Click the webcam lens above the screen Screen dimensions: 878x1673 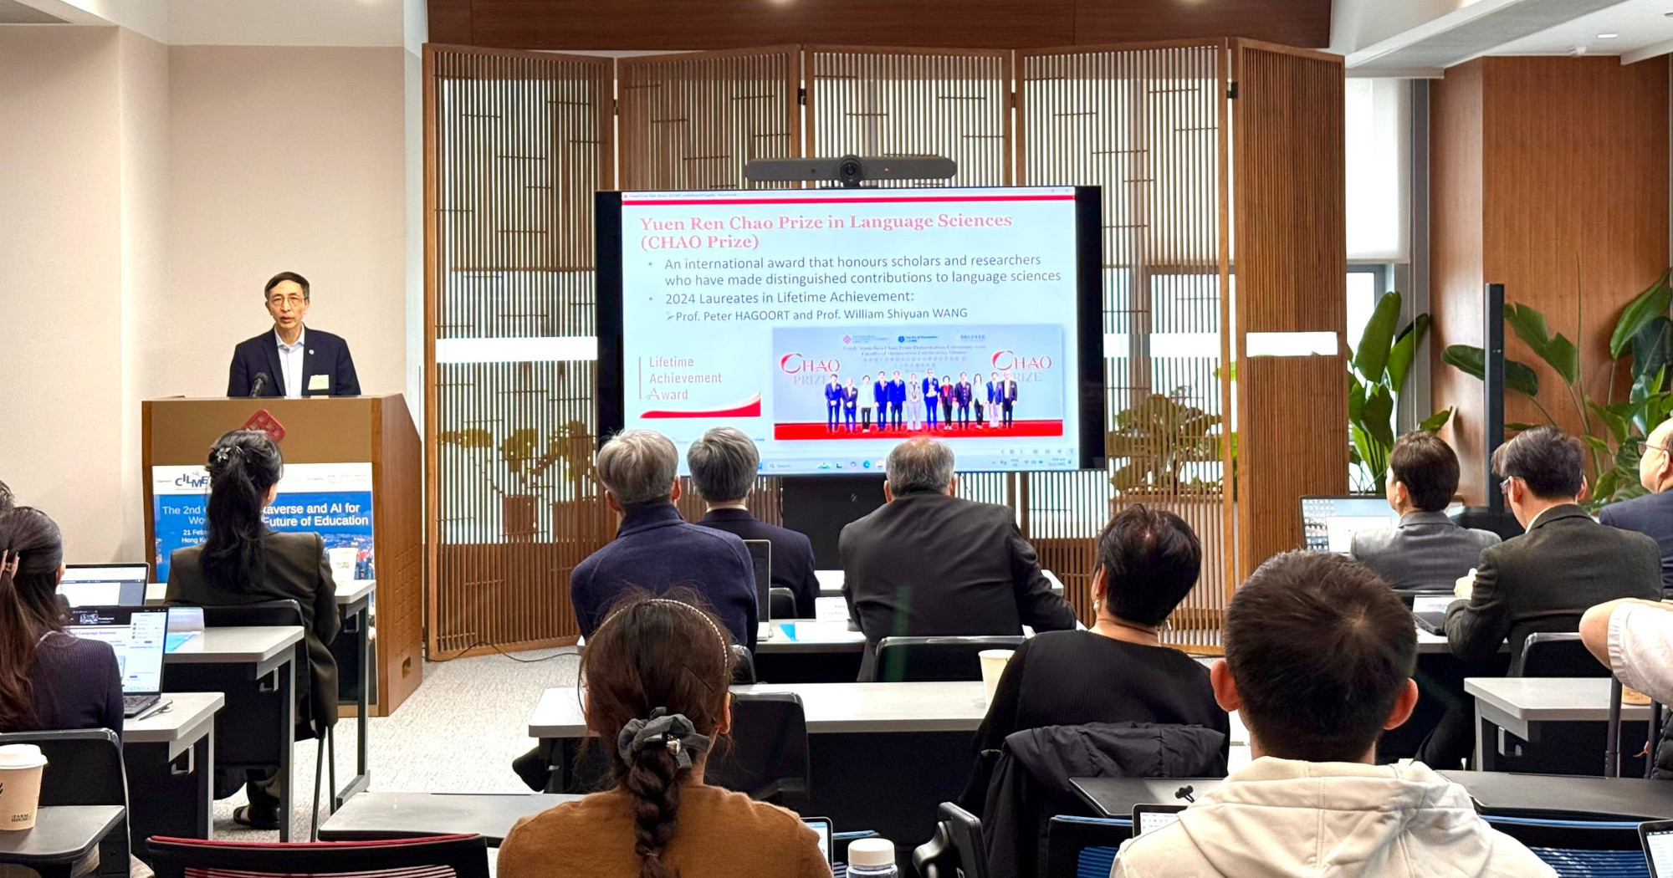coord(850,171)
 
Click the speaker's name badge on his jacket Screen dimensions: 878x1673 coord(318,383)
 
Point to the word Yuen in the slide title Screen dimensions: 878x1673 coord(662,223)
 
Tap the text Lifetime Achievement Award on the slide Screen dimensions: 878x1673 coord(684,378)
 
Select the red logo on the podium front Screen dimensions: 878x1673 coord(264,425)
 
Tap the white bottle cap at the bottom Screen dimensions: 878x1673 coord(871,854)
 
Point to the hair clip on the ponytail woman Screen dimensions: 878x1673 coord(223,454)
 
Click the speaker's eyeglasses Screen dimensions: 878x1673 coord(286,299)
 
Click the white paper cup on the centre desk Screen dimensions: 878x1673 coord(995,672)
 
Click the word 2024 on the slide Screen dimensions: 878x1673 coord(680,299)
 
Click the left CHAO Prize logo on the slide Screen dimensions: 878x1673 coord(809,367)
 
